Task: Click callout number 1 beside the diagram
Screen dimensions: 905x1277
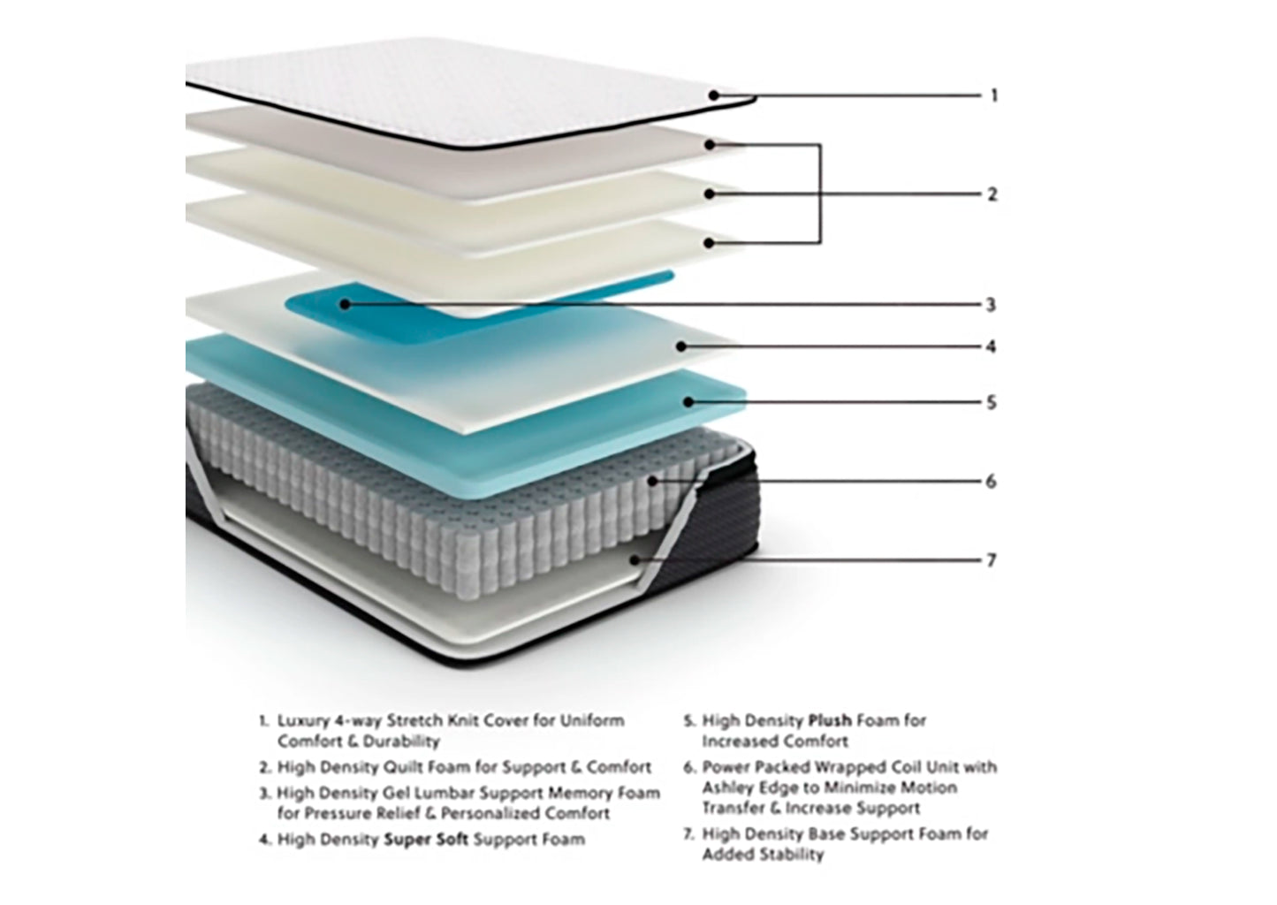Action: tap(994, 95)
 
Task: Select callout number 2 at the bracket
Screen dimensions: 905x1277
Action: tap(992, 194)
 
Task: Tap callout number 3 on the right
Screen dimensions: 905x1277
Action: tap(991, 305)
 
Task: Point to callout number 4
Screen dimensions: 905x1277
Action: tap(991, 346)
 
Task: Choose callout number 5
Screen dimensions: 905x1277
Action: tap(991, 403)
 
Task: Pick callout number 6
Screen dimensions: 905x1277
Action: tap(991, 482)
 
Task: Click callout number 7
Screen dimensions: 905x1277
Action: tap(991, 560)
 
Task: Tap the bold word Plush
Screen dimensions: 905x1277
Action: tap(830, 721)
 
